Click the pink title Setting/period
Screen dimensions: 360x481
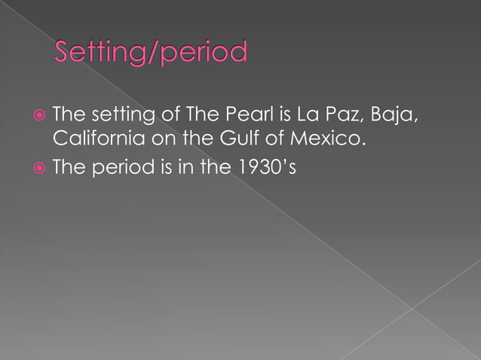point(151,53)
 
